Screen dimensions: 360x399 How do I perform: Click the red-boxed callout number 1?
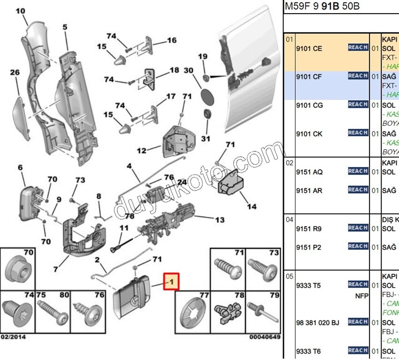click(x=171, y=282)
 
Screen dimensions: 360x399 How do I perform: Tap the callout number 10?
click(x=21, y=10)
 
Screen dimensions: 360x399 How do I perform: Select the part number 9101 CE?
click(x=308, y=48)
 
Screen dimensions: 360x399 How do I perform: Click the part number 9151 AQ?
click(x=309, y=172)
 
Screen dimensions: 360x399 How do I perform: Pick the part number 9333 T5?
click(x=308, y=285)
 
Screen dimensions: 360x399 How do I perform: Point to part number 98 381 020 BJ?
click(x=317, y=322)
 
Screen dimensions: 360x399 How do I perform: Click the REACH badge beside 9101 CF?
click(x=358, y=76)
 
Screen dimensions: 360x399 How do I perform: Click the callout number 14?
click(x=252, y=206)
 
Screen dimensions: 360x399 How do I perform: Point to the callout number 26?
click(x=15, y=72)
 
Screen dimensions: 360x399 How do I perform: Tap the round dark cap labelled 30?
click(x=206, y=94)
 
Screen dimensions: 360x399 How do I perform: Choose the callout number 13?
click(x=219, y=220)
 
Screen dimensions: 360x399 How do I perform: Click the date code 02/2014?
click(x=13, y=337)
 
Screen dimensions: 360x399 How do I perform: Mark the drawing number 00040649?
click(x=264, y=337)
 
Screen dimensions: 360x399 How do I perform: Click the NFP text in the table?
click(x=361, y=296)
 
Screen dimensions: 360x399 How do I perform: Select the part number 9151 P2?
click(x=308, y=247)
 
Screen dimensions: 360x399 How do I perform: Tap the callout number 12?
click(x=141, y=151)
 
